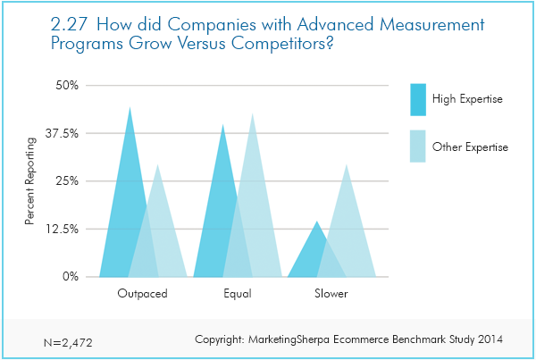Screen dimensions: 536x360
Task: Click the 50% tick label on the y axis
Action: [67, 85]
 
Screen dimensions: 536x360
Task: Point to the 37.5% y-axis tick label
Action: [62, 133]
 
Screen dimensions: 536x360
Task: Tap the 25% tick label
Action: [67, 180]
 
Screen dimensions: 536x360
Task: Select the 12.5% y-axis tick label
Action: [62, 229]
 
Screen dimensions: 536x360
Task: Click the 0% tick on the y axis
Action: [71, 276]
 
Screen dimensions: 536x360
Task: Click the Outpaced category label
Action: [143, 294]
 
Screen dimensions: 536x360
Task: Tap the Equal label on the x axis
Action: [238, 294]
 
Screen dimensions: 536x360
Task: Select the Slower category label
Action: [331, 294]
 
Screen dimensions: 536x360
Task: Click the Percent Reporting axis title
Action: [30, 180]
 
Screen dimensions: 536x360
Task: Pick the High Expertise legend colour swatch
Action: [418, 99]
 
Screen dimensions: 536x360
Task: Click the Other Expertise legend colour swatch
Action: [418, 146]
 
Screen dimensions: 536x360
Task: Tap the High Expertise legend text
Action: [467, 99]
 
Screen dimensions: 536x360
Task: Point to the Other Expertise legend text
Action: [470, 147]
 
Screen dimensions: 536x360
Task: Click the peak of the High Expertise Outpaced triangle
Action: [130, 107]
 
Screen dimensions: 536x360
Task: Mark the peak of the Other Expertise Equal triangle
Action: [252, 113]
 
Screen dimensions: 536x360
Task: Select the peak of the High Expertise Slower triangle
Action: [317, 222]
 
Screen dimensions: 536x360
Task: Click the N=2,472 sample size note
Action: [68, 342]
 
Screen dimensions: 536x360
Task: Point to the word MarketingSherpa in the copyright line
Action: [289, 339]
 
